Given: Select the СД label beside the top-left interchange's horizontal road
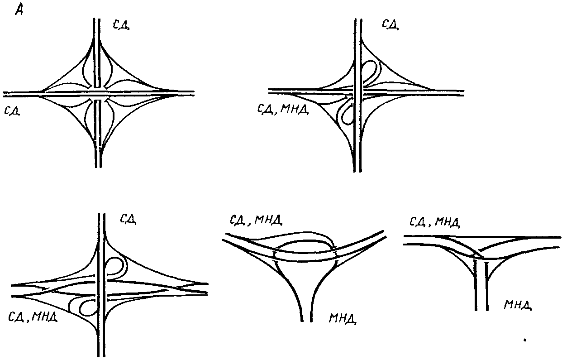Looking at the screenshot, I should [12, 110].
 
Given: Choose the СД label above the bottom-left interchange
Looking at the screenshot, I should [128, 219].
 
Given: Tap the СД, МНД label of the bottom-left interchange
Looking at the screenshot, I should [33, 316].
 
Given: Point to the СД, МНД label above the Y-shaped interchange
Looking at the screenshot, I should [256, 221].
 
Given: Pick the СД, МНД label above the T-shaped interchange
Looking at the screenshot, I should [434, 222].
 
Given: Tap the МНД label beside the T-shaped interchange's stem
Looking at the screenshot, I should [517, 304].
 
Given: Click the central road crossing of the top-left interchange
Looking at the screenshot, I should [98, 93].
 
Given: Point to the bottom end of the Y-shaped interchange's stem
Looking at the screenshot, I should [306, 319].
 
